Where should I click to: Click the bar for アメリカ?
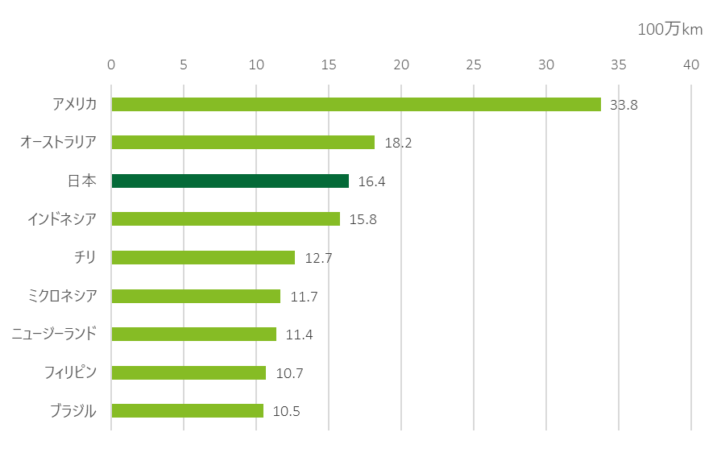pos(356,104)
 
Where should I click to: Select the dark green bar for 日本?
pos(230,181)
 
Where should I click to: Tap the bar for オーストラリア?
pos(243,143)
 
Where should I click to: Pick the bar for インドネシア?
pos(226,218)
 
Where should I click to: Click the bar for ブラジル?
pos(188,410)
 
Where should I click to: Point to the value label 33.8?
pos(624,105)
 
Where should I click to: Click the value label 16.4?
pos(371,182)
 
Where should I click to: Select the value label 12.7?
pos(318,259)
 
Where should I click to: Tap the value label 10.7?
pos(289,373)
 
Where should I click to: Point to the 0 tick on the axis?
pos(111,64)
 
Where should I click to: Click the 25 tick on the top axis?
pos(474,64)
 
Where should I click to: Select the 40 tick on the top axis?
pos(691,64)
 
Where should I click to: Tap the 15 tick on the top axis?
pos(329,64)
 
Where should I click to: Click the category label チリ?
pos(85,257)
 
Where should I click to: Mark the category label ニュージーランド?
pos(54,334)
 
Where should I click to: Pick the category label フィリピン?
pos(71,372)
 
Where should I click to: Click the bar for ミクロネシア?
pos(196,296)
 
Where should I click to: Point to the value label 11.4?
pos(299,335)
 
